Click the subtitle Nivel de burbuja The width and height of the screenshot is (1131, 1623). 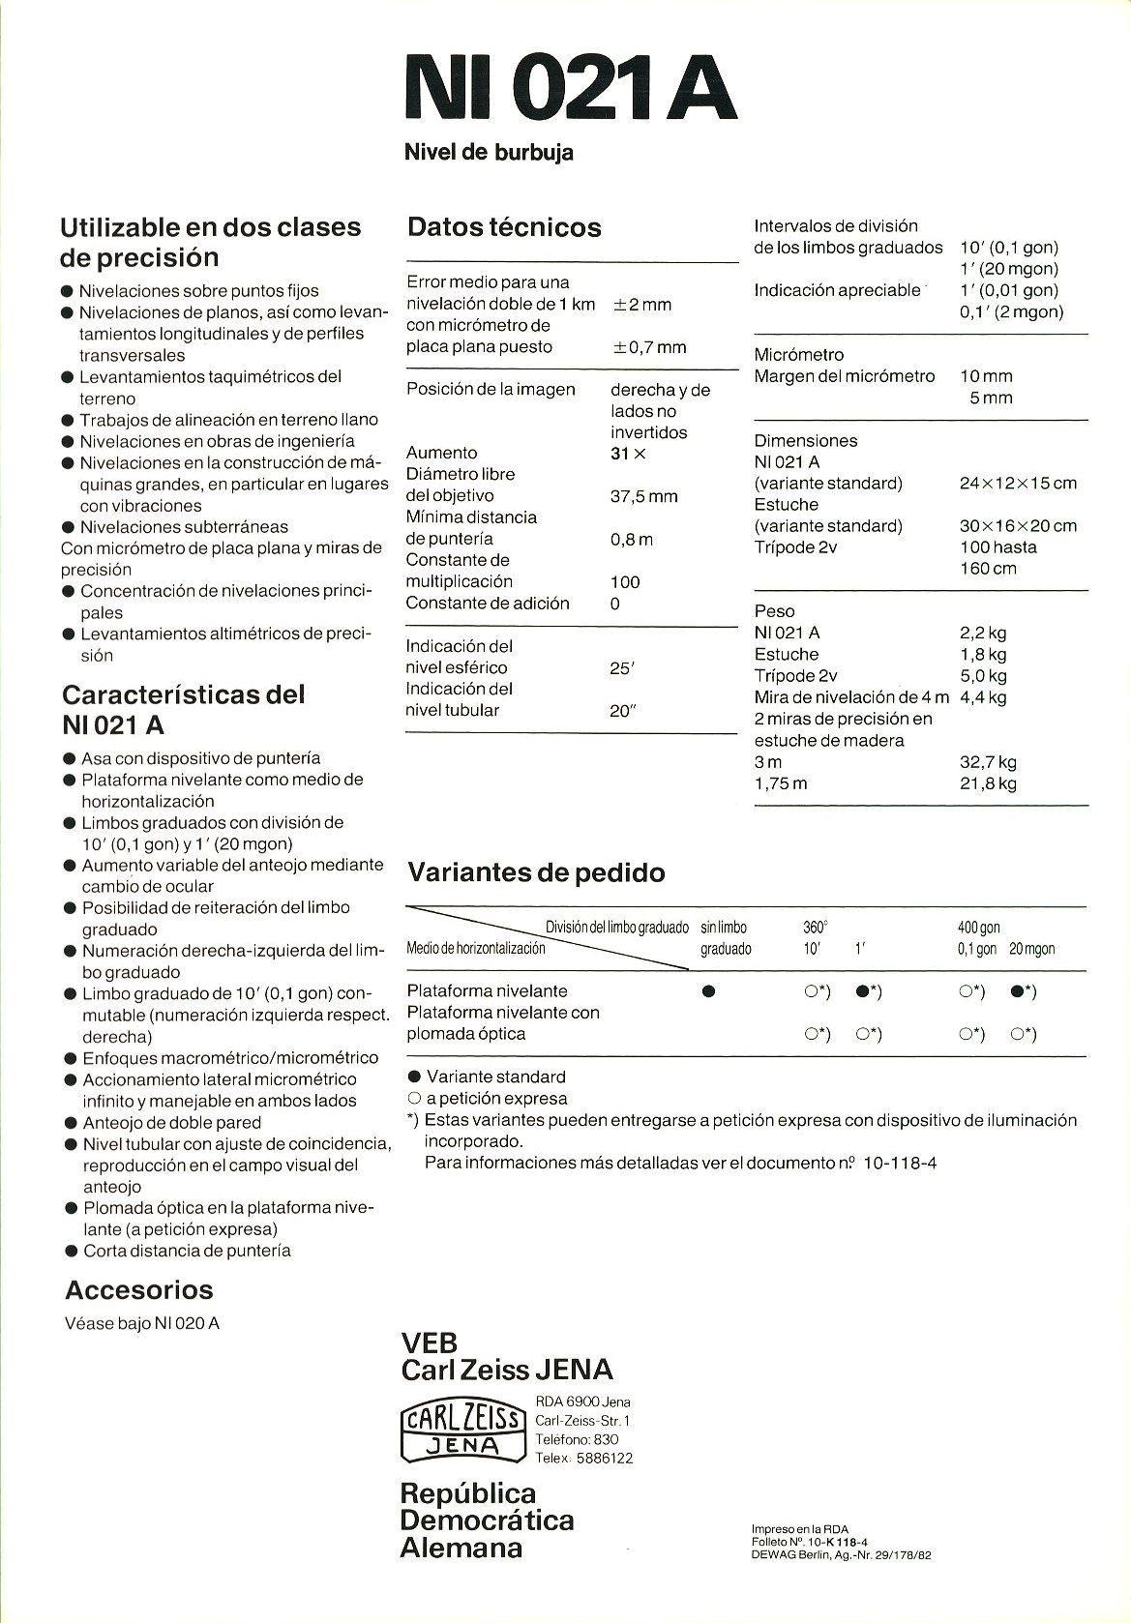pyautogui.click(x=488, y=152)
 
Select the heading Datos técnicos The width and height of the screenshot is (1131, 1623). pyautogui.click(x=504, y=227)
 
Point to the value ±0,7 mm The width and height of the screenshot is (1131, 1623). pyautogui.click(x=649, y=346)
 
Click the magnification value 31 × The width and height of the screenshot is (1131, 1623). pyautogui.click(x=628, y=453)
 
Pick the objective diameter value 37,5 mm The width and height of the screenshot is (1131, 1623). pyautogui.click(x=643, y=496)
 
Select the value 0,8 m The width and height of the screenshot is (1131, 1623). pyautogui.click(x=631, y=539)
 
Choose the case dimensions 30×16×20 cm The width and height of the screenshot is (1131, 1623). pyautogui.click(x=1018, y=525)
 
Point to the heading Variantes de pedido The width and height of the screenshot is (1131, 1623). pyautogui.click(x=536, y=872)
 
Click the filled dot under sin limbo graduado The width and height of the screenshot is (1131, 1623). pyautogui.click(x=708, y=991)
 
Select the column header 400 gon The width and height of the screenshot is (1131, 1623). pyautogui.click(x=979, y=928)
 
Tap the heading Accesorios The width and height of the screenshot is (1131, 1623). pyautogui.click(x=138, y=1289)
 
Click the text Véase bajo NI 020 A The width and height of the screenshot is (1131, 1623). pyautogui.click(x=141, y=1323)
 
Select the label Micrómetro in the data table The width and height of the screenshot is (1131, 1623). pyautogui.click(x=798, y=355)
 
